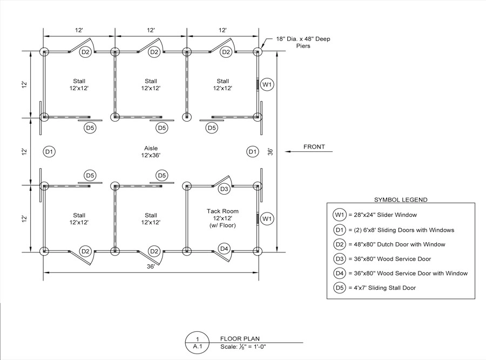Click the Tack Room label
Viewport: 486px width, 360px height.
(222, 211)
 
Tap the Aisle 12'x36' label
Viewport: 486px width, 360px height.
(151, 152)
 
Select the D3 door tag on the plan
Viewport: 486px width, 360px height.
(224, 189)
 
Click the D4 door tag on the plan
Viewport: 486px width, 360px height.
(224, 249)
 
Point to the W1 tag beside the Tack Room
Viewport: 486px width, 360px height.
(267, 219)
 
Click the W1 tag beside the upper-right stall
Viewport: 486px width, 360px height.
(267, 84)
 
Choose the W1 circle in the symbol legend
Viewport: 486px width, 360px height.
(340, 215)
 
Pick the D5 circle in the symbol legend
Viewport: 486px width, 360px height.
(340, 288)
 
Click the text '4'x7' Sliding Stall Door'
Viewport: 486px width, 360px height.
(384, 288)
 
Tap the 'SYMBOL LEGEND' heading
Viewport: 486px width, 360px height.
(401, 199)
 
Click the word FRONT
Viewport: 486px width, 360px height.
(314, 147)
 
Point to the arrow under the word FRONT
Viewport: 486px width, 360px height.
(309, 151)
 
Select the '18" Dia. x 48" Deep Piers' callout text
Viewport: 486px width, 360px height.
(303, 43)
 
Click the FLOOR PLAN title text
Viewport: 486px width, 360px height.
(240, 338)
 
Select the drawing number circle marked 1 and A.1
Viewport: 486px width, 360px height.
(198, 343)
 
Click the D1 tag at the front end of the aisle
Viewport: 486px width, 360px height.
(253, 152)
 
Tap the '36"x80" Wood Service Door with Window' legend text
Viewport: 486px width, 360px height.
(411, 274)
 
